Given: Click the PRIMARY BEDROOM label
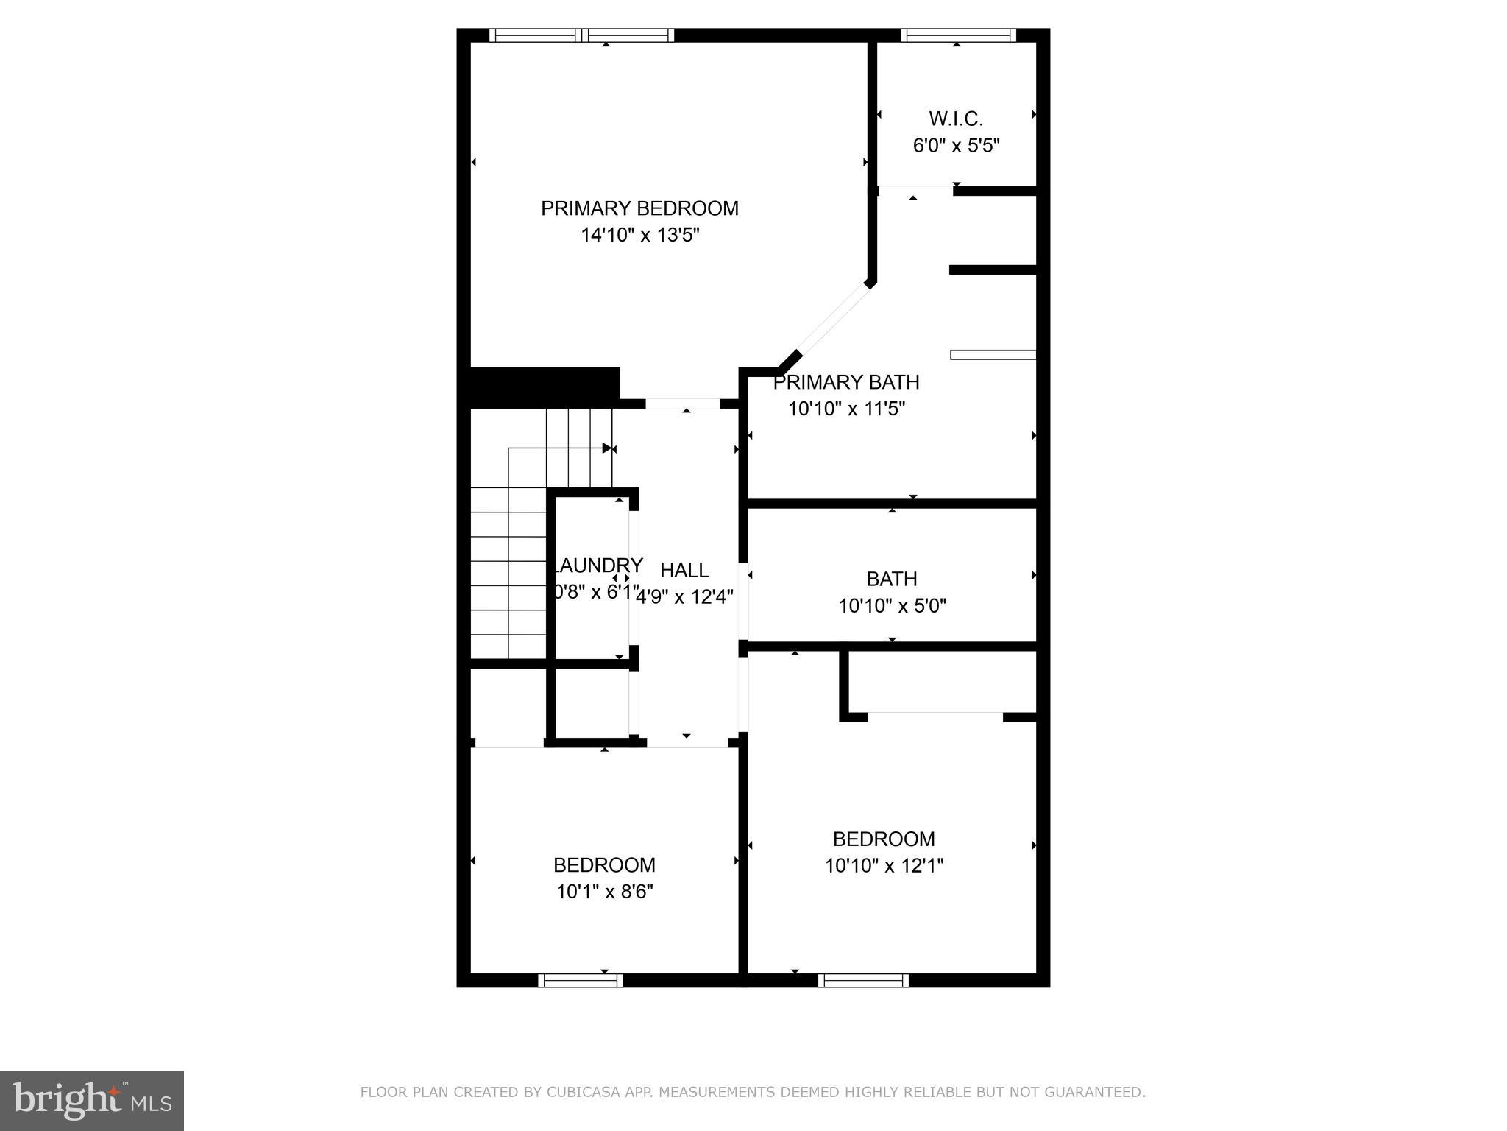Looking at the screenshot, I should click(x=639, y=208).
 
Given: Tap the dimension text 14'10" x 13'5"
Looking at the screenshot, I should click(x=639, y=236).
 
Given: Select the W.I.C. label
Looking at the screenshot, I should click(x=956, y=119).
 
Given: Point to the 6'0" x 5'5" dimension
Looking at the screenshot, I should click(x=956, y=146).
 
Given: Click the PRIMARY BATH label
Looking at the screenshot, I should click(x=846, y=382).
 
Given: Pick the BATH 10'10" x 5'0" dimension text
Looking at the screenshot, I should click(x=892, y=606).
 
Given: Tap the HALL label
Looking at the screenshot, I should click(x=684, y=571).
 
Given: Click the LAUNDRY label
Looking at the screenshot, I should click(x=598, y=565).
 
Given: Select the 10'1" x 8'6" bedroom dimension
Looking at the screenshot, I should click(x=604, y=892).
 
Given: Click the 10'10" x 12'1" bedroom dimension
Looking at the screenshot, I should click(x=884, y=865).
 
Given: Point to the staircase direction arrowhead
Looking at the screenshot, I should click(x=607, y=448).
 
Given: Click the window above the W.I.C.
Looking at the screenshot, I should click(x=958, y=35).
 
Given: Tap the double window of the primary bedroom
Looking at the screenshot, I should click(x=581, y=35).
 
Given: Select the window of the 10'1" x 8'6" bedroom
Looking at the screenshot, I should click(x=581, y=980).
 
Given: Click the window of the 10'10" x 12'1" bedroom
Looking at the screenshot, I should click(x=863, y=980).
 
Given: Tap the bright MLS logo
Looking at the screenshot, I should click(x=92, y=1100).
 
